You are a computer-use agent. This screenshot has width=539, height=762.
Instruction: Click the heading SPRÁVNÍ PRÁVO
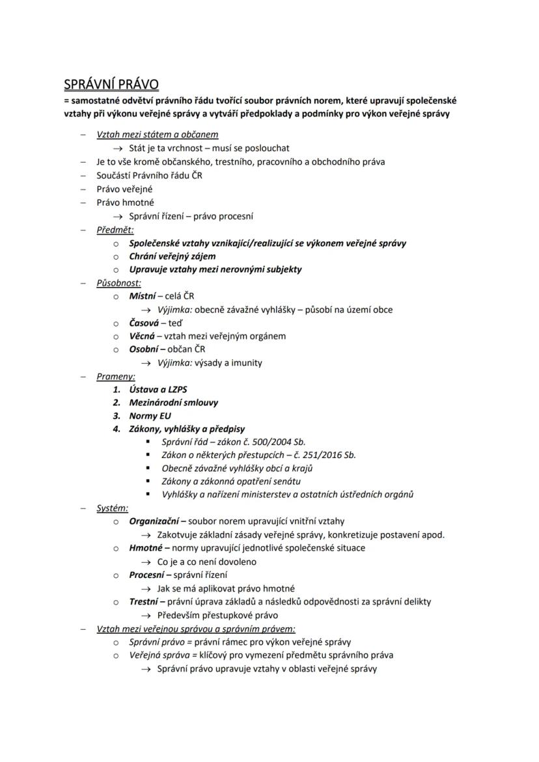111,85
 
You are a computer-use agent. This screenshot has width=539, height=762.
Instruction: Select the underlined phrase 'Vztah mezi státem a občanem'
158,135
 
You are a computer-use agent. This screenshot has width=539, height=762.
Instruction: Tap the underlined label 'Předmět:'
115,230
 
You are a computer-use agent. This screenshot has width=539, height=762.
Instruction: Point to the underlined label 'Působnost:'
118,283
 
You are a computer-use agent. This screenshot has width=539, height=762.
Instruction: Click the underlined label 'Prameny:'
116,376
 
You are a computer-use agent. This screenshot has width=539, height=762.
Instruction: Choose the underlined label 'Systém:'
113,508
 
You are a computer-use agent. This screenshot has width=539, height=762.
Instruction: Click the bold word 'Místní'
142,296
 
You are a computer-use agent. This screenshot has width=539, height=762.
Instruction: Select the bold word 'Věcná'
142,336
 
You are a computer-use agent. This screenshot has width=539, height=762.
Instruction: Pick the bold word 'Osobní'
143,349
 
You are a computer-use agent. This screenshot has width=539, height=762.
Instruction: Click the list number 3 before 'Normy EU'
117,416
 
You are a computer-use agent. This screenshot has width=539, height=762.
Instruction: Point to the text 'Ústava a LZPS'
158,389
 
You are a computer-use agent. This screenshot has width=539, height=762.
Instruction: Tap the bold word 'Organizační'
154,521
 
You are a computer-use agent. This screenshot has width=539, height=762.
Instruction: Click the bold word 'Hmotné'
146,547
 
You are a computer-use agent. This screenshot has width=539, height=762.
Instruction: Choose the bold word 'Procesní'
147,575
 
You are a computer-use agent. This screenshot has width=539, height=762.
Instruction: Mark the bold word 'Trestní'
144,601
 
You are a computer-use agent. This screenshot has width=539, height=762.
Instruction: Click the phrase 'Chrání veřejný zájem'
173,256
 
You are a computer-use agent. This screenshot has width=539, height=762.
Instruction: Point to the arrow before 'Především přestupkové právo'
146,615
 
